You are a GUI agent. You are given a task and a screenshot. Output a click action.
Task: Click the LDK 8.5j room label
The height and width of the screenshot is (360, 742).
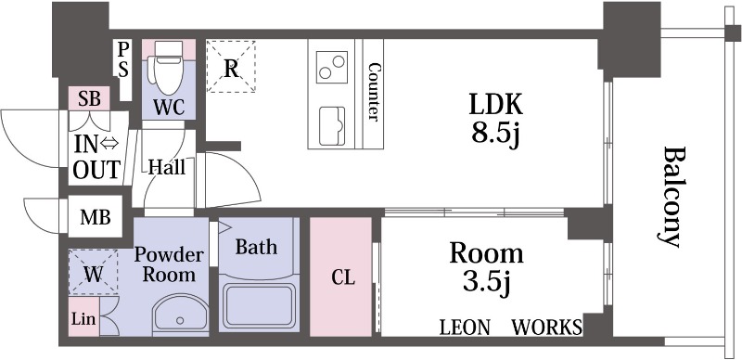(495, 120)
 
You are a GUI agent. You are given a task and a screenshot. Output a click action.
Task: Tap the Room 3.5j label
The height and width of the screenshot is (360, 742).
(486, 268)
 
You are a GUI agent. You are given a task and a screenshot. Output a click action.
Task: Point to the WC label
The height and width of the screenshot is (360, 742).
(169, 108)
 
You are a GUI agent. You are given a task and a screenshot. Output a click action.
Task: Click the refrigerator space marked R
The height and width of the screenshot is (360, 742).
(231, 66)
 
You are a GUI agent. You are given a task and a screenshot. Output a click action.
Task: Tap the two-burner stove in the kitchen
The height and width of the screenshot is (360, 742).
(332, 65)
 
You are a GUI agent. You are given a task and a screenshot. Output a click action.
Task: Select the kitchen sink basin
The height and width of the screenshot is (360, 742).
(332, 125)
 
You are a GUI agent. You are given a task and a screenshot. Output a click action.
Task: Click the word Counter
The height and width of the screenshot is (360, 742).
(374, 92)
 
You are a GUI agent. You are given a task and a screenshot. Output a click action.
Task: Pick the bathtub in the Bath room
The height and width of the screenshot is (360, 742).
(259, 306)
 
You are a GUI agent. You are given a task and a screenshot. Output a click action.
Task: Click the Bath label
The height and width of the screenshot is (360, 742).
(256, 247)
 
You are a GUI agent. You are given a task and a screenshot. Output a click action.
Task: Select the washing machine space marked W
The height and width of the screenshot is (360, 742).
(94, 273)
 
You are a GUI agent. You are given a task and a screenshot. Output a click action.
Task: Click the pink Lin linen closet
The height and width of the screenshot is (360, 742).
(83, 316)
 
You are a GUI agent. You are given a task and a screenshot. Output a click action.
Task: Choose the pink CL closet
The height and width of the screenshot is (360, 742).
(340, 276)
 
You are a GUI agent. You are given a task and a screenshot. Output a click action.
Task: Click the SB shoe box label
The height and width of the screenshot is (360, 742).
(89, 98)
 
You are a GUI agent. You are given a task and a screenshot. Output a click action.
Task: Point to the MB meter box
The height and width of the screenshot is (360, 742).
(96, 217)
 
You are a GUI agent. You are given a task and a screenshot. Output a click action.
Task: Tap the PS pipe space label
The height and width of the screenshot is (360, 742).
(123, 59)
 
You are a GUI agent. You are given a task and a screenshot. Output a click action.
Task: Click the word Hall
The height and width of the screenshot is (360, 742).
(167, 167)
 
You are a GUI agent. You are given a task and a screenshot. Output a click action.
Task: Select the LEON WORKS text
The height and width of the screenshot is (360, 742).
(511, 327)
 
